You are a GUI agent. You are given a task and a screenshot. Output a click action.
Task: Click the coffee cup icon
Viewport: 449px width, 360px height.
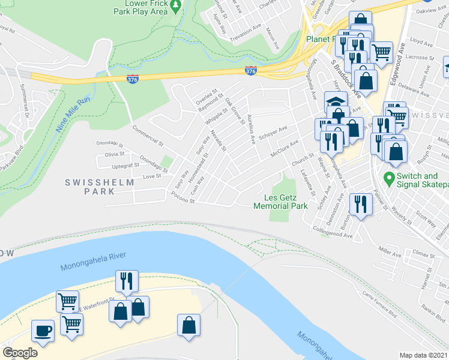point(43,331)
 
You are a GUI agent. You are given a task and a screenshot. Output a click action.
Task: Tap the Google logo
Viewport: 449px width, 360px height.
point(20,353)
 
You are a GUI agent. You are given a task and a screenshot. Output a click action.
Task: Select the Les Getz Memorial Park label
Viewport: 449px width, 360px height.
point(281,202)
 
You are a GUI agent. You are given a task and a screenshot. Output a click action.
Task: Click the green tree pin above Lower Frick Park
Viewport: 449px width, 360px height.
point(175,6)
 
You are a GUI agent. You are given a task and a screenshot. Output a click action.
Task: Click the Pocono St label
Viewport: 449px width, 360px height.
point(183,198)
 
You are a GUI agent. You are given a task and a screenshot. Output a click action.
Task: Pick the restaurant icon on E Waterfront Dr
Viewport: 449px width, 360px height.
point(127,281)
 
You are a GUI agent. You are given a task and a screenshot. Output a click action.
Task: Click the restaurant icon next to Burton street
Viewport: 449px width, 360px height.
point(361,205)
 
